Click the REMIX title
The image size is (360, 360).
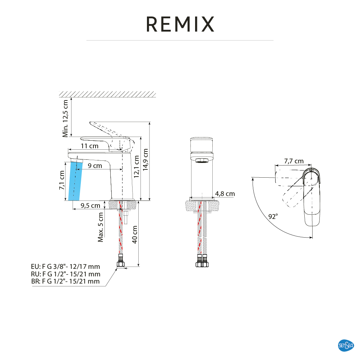click(180, 24)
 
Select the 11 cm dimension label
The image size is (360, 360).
click(89, 146)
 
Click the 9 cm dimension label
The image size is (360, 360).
click(95, 165)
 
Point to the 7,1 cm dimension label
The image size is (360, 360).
click(62, 180)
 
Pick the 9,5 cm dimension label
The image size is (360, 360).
click(90, 206)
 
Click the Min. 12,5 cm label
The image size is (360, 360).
click(65, 118)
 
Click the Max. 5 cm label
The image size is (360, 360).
click(101, 227)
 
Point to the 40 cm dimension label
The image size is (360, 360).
click(135, 234)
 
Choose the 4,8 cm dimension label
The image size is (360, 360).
click(225, 194)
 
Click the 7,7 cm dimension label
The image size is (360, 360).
click(294, 161)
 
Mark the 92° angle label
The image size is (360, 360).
click(273, 216)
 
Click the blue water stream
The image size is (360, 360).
click(74, 181)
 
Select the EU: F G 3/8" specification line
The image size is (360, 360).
click(65, 267)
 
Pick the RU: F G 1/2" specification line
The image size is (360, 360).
click(65, 274)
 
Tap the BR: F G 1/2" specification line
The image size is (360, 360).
click(65, 281)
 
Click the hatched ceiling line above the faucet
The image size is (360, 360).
click(107, 94)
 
